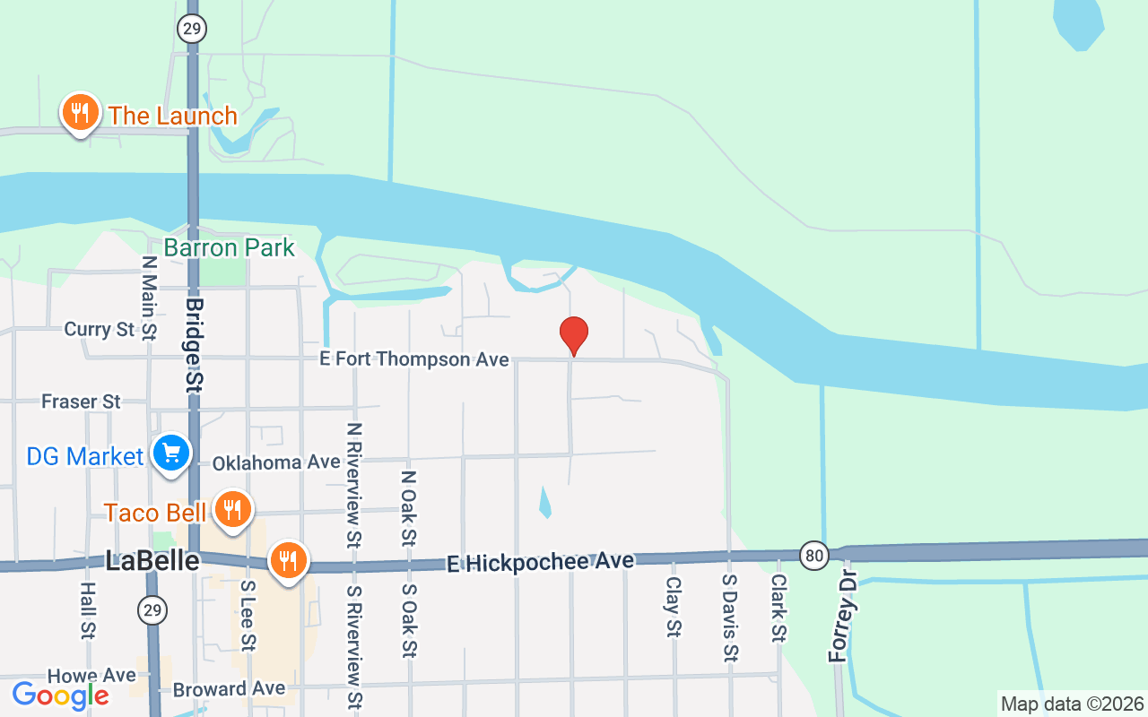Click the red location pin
tap(573, 335)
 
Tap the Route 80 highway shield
tap(814, 554)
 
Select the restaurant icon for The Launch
tap(81, 113)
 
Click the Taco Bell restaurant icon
tap(233, 510)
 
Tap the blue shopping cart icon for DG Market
tap(170, 453)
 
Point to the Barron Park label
tap(229, 247)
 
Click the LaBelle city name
tap(152, 561)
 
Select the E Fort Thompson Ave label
tap(414, 359)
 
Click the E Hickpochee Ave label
tap(540, 562)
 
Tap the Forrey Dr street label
tap(840, 616)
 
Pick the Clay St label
tap(673, 607)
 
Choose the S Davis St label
tap(730, 617)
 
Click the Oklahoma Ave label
tap(276, 462)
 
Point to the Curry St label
tap(100, 330)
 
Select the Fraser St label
tap(81, 402)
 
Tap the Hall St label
tap(87, 611)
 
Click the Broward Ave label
tap(229, 689)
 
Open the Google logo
tap(60, 695)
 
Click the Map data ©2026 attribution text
tap(1072, 704)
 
